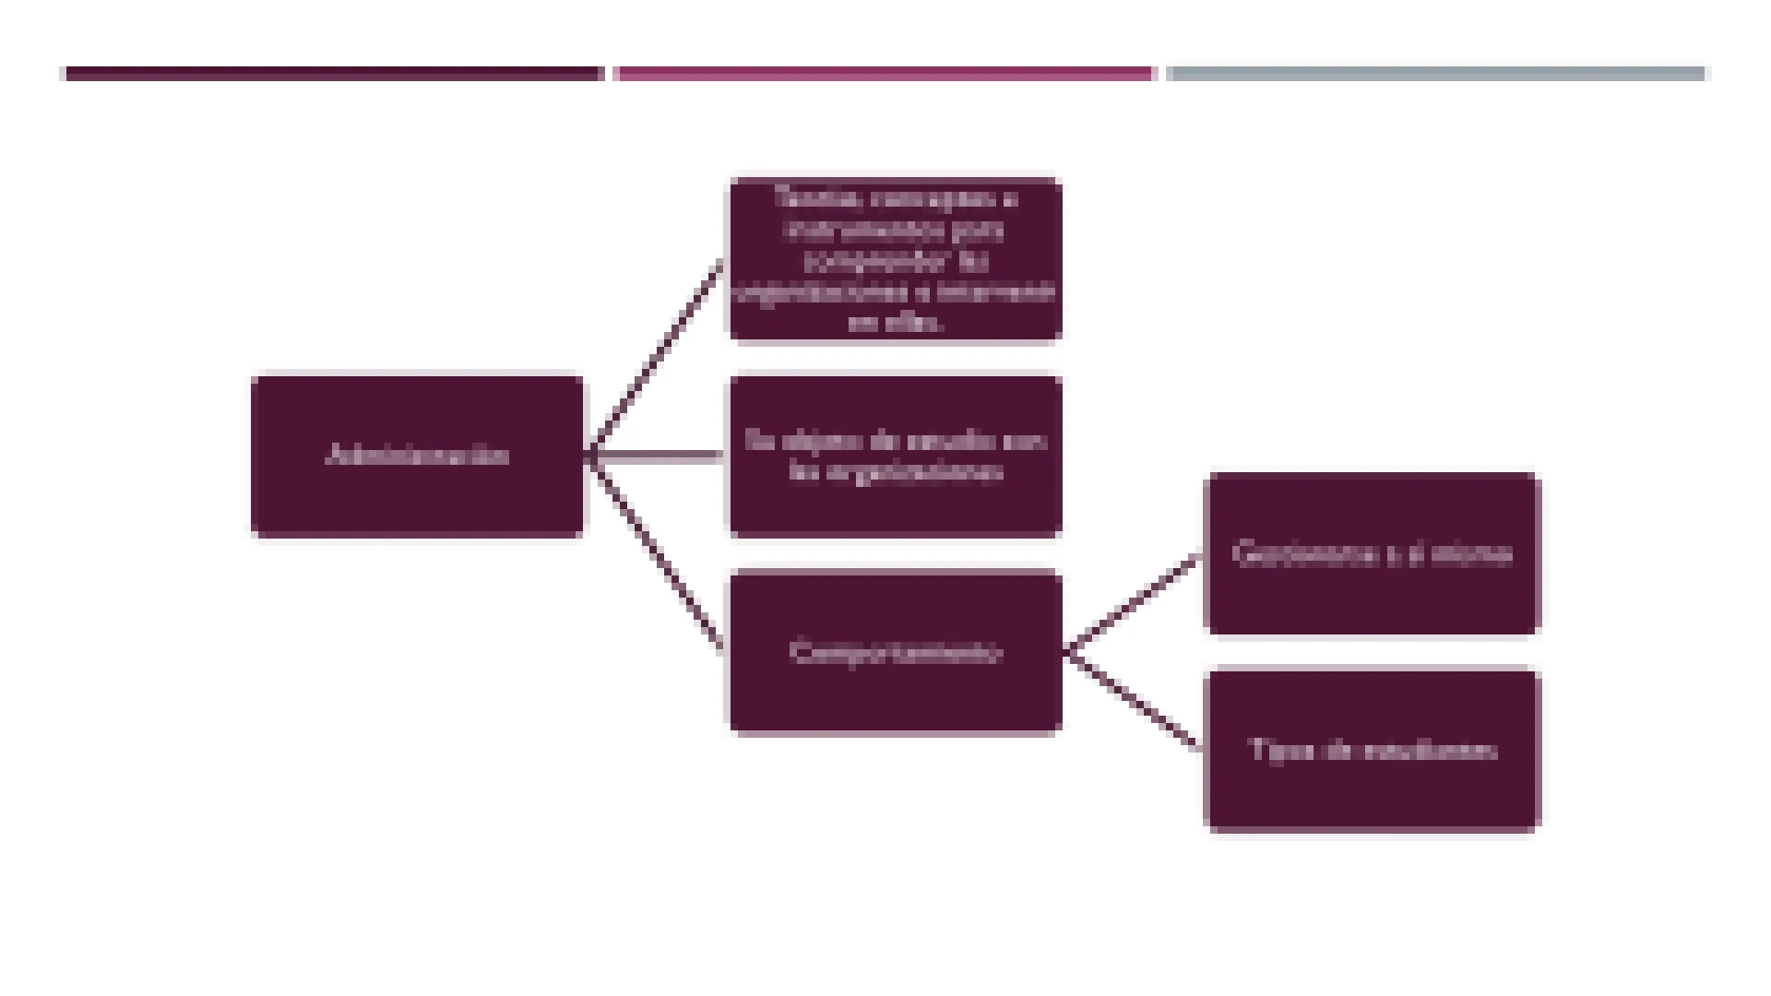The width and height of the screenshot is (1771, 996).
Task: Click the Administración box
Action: tap(417, 456)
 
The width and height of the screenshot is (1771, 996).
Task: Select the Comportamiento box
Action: tap(895, 652)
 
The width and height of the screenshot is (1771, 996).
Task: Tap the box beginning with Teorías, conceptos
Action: tap(895, 260)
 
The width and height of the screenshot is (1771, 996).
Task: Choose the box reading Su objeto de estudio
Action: tap(895, 456)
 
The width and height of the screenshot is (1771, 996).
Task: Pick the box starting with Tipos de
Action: tap(1372, 749)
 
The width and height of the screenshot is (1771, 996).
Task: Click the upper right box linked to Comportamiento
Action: tap(1372, 553)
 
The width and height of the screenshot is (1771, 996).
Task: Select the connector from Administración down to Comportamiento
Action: tap(655, 553)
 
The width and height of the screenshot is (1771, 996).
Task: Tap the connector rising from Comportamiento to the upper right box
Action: tap(1133, 603)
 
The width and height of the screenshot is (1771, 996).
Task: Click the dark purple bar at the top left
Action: tap(334, 74)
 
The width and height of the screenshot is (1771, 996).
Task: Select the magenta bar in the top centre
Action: tap(884, 74)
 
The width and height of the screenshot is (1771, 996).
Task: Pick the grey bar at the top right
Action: tap(1435, 74)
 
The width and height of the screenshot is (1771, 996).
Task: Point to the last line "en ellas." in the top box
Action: tap(895, 322)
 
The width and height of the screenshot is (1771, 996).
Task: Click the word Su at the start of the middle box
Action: tap(758, 441)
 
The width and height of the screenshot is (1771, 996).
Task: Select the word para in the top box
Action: tap(978, 229)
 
